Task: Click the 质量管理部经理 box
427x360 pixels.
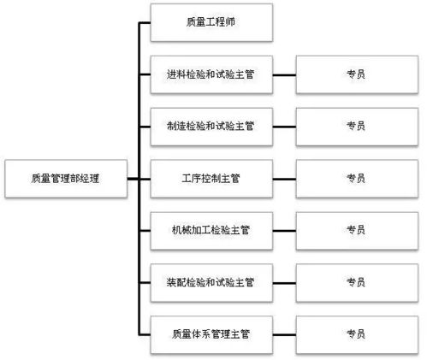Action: click(x=64, y=178)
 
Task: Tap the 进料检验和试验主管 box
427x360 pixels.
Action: click(x=211, y=74)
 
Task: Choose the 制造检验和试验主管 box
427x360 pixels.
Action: click(x=211, y=126)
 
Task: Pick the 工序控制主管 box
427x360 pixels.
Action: click(x=211, y=178)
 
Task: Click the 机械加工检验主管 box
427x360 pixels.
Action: click(x=211, y=229)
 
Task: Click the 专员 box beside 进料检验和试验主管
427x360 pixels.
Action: click(x=356, y=74)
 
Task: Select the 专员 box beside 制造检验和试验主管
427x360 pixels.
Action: click(x=356, y=126)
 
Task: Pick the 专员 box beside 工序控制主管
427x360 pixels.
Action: click(x=356, y=178)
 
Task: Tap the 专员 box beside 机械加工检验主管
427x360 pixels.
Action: click(x=356, y=229)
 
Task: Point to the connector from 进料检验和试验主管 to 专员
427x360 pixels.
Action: click(x=284, y=74)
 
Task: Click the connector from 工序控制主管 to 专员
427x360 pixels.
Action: click(x=284, y=178)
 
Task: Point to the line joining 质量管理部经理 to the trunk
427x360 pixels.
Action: click(x=132, y=178)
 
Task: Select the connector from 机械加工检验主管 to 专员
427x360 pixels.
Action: click(x=284, y=229)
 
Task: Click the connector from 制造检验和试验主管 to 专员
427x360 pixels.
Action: click(x=284, y=126)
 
